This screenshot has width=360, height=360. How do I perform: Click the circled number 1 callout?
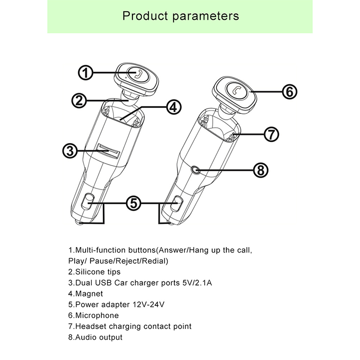[x=86, y=72]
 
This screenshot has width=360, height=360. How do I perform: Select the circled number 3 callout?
[x=69, y=151]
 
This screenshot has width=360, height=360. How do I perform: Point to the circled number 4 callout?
[x=173, y=107]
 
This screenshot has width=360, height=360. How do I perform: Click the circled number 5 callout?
[x=133, y=203]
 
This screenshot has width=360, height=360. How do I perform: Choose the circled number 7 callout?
[x=271, y=134]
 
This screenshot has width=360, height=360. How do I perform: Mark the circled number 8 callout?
[x=261, y=170]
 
